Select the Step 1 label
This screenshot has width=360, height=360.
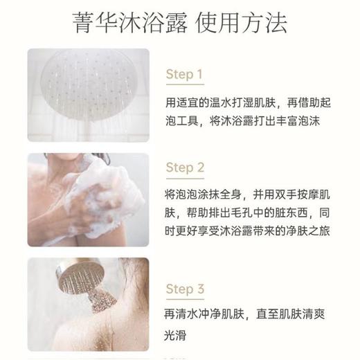coord(184,74)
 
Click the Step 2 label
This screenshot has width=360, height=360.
coord(185,168)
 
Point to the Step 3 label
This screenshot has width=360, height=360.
coord(185,289)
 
